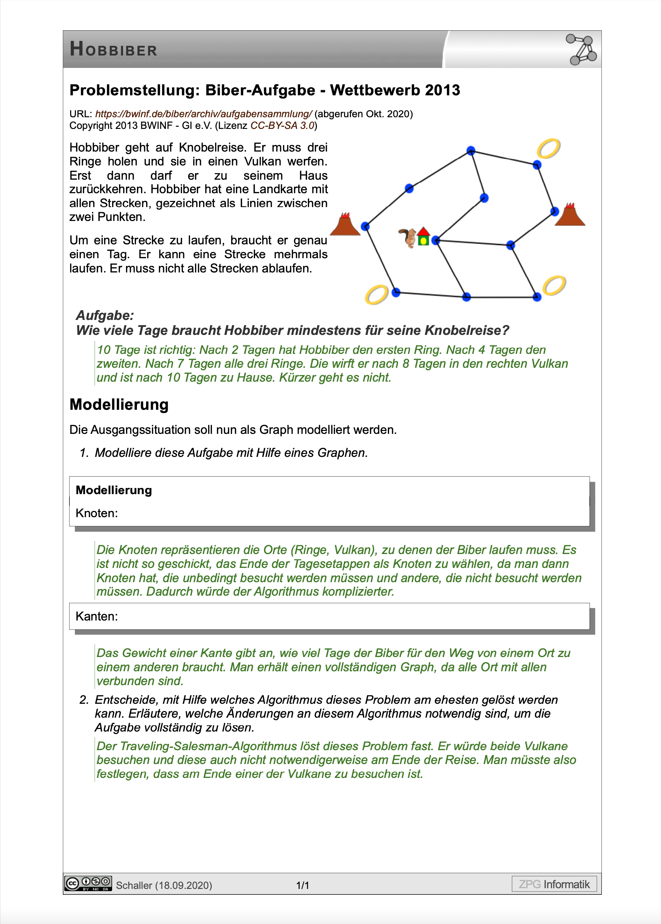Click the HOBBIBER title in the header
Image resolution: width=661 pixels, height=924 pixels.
pyautogui.click(x=113, y=49)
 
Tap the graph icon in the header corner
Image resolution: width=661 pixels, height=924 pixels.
pyautogui.click(x=581, y=50)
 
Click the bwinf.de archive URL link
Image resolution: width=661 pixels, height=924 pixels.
pyautogui.click(x=203, y=114)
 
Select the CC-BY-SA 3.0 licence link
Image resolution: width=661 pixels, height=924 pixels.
pyautogui.click(x=282, y=126)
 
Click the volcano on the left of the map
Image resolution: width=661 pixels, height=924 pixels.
pyautogui.click(x=345, y=225)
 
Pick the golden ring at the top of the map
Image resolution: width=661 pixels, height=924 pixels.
pyautogui.click(x=548, y=149)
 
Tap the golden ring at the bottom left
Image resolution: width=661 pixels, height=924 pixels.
pyautogui.click(x=377, y=295)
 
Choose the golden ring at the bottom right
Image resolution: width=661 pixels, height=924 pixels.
pyautogui.click(x=554, y=285)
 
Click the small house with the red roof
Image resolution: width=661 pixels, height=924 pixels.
pyautogui.click(x=423, y=237)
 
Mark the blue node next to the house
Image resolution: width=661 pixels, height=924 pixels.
pyautogui.click(x=436, y=240)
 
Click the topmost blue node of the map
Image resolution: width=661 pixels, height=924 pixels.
pyautogui.click(x=471, y=150)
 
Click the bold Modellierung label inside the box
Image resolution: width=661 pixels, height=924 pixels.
pyautogui.click(x=114, y=490)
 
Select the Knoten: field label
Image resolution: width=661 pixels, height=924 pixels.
pyautogui.click(x=96, y=513)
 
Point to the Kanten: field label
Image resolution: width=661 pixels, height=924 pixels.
pyautogui.click(x=96, y=616)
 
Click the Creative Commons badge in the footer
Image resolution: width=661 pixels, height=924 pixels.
pyautogui.click(x=88, y=883)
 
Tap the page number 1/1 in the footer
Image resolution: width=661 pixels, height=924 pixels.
pyautogui.click(x=302, y=885)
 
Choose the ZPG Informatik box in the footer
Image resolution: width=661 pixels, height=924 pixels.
pyautogui.click(x=554, y=884)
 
